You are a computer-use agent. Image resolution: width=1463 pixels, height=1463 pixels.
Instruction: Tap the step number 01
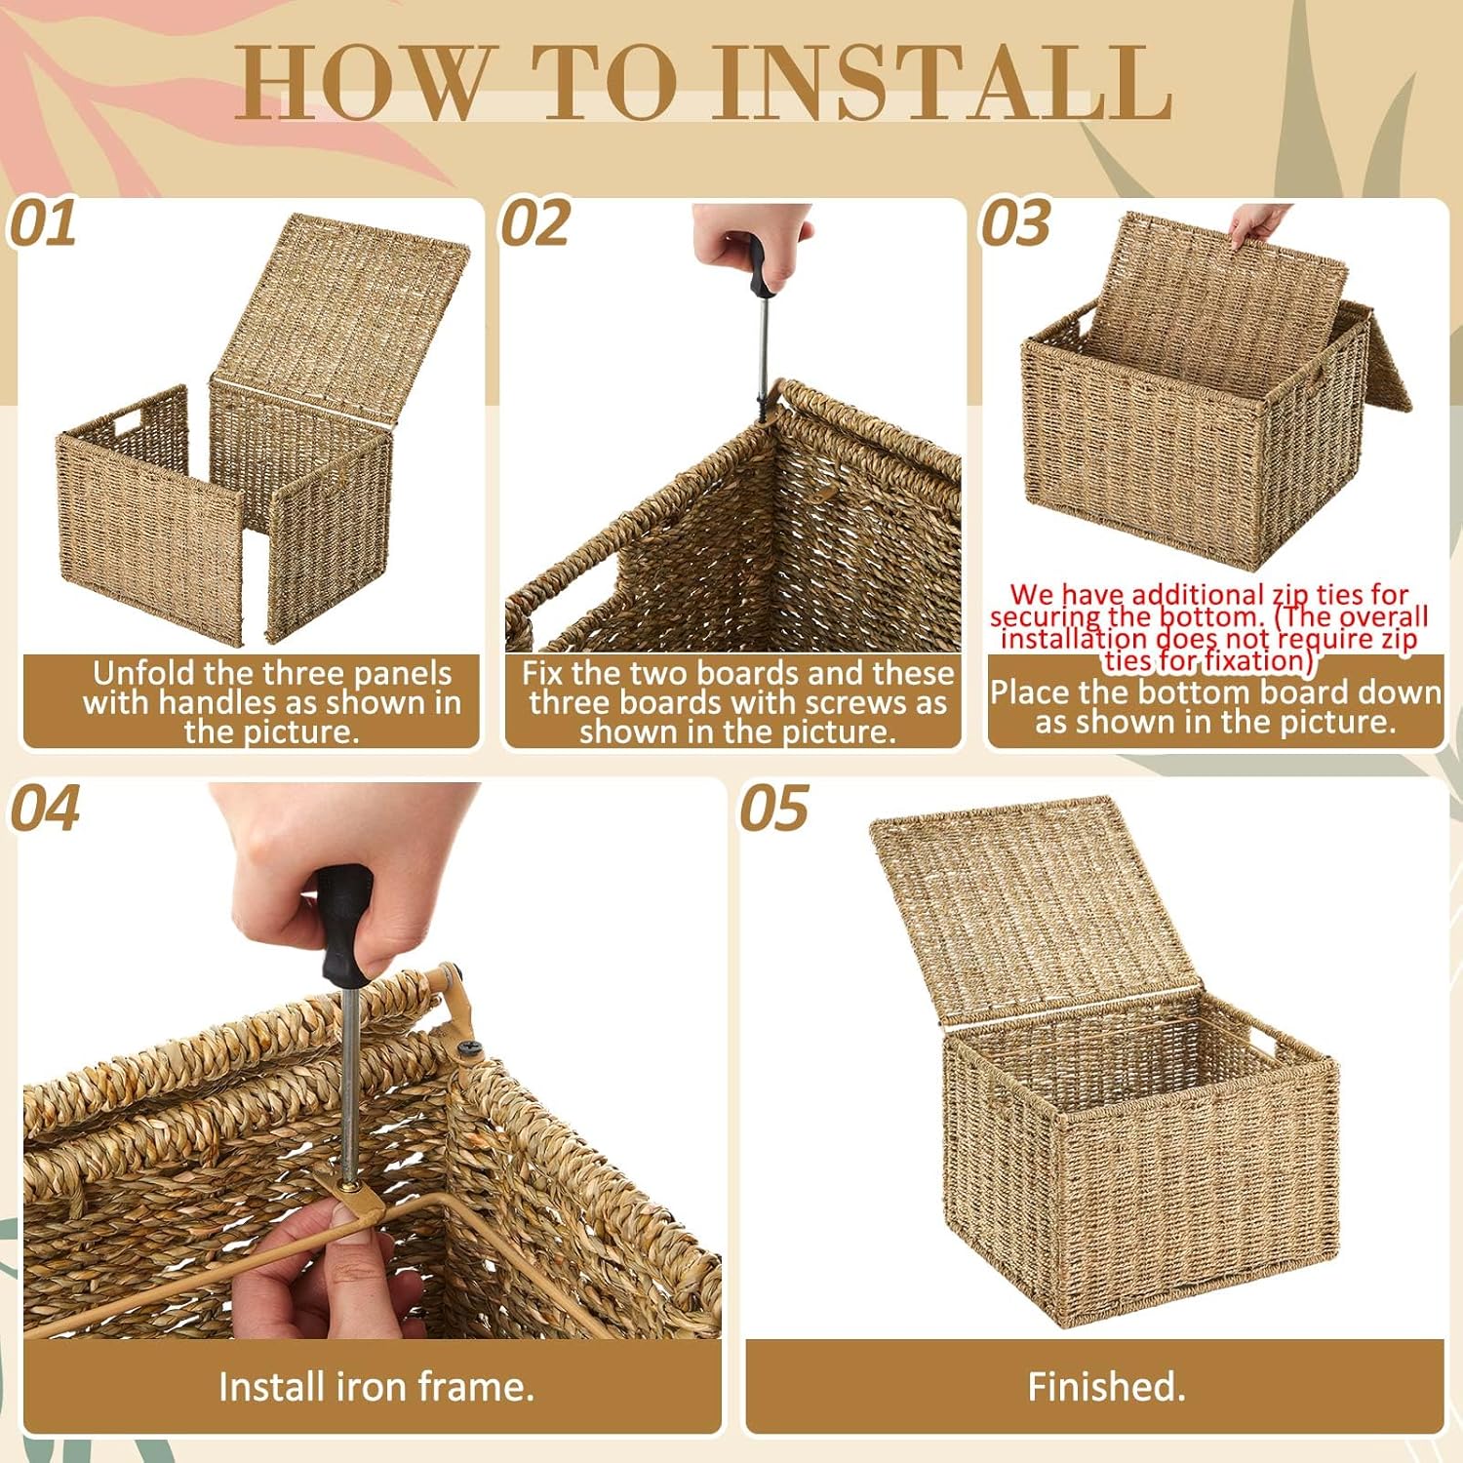coord(43,224)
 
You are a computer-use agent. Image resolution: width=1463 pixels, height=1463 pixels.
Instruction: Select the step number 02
coord(535,224)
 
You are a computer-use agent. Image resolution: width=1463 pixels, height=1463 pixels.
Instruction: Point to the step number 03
coord(1015,224)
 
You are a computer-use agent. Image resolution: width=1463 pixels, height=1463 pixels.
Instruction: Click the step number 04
coord(45,809)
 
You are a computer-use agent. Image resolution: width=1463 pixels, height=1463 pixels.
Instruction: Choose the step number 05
coord(774,809)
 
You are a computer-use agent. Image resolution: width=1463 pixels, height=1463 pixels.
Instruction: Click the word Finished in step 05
coord(1101,1386)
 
